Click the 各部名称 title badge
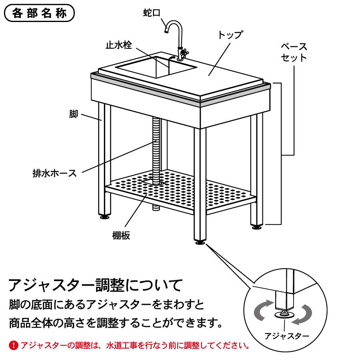[x=39, y=13]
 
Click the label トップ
[x=230, y=34]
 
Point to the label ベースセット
[x=294, y=52]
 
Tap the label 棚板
[x=121, y=235]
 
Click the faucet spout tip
[x=166, y=30]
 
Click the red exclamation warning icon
[x=14, y=345]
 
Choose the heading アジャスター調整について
[x=96, y=285]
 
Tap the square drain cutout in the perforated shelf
[x=154, y=180]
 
